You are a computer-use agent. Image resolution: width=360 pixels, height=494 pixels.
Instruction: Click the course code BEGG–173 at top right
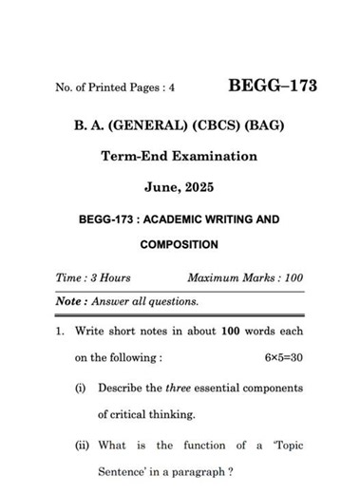click(273, 87)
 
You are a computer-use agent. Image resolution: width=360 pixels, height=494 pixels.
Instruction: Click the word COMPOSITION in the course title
click(179, 244)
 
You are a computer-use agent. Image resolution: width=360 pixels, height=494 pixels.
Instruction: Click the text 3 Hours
click(108, 277)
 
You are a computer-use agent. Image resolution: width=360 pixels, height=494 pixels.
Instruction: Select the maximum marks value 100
click(292, 277)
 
